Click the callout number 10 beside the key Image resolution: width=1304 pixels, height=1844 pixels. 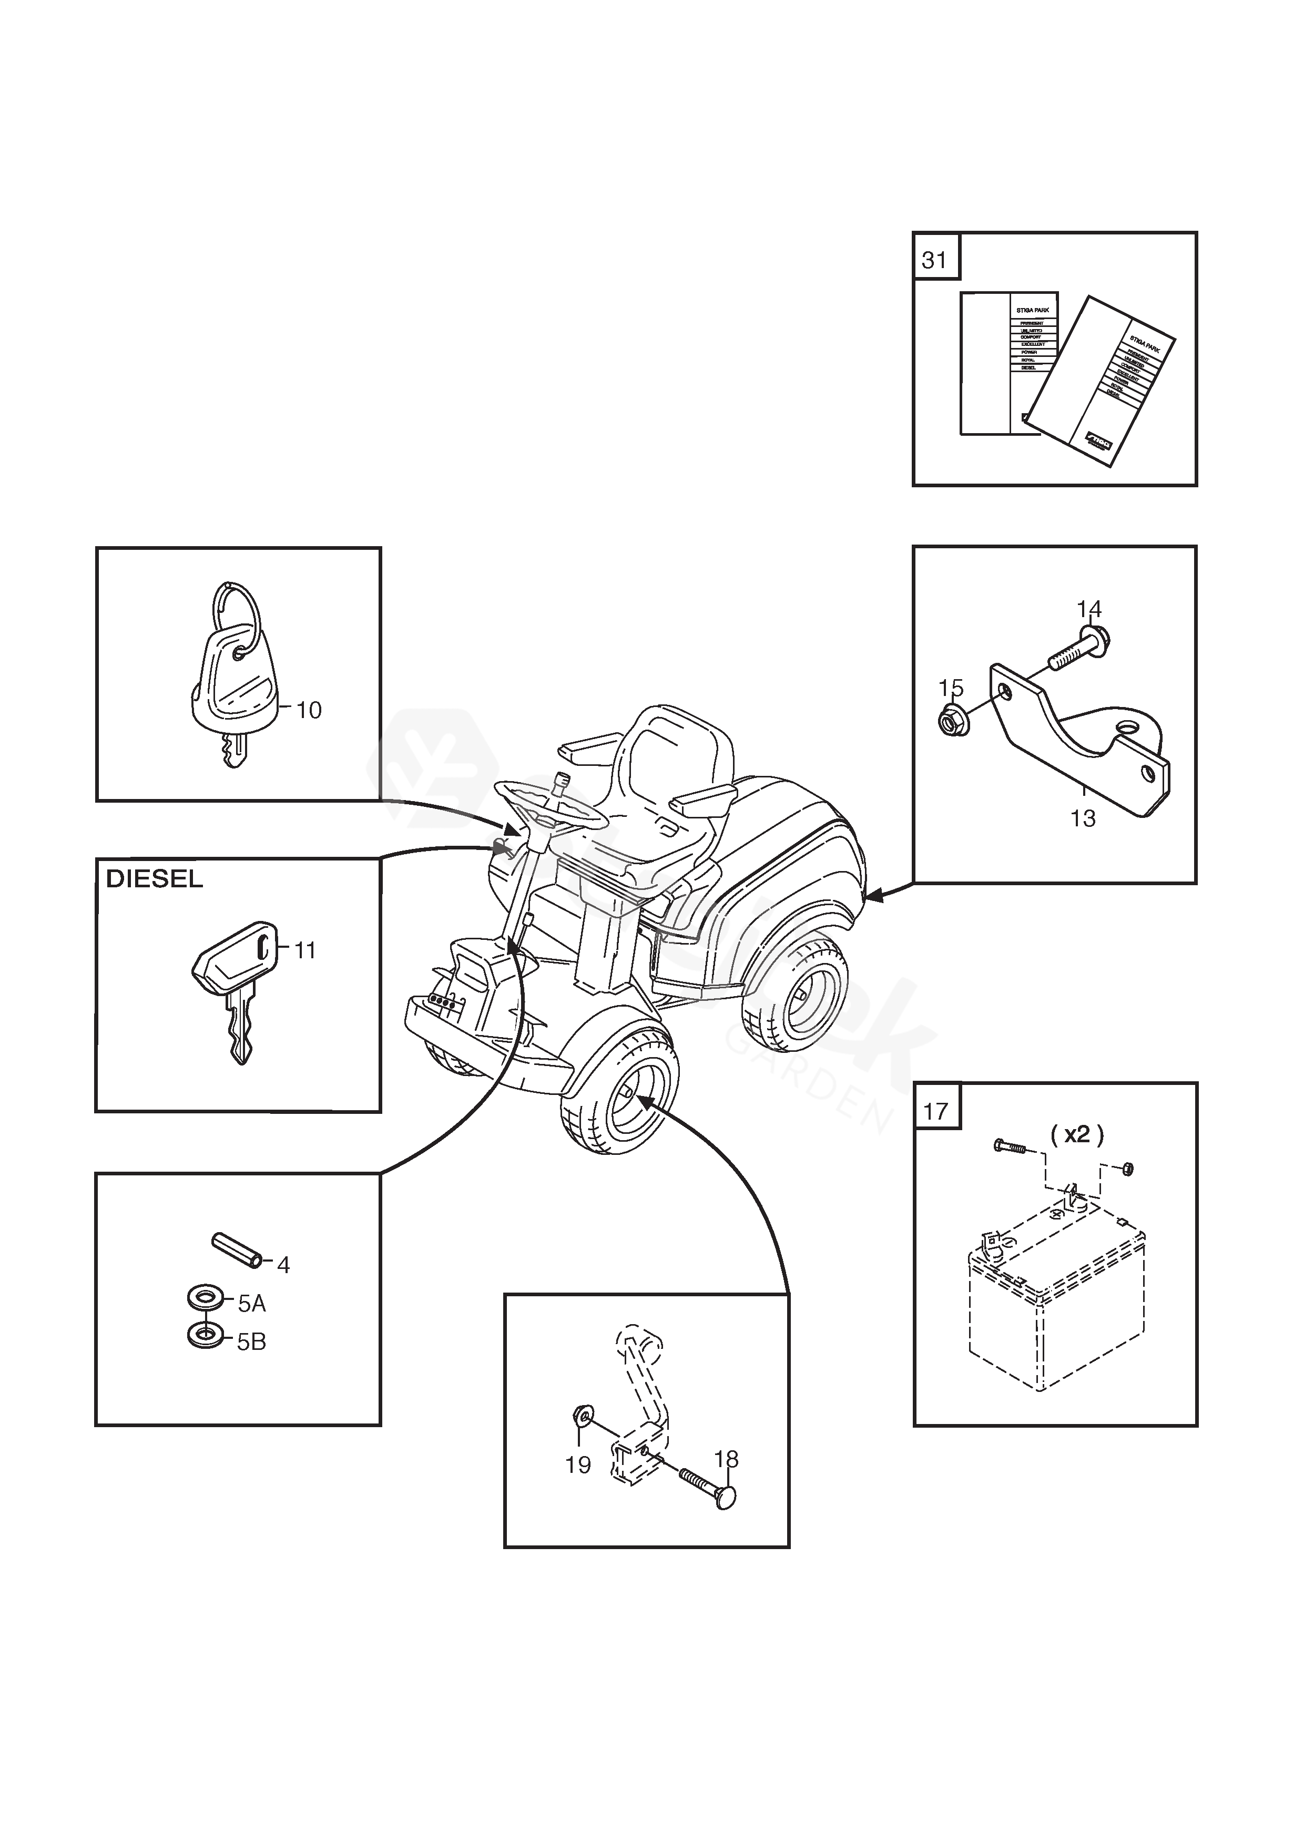pyautogui.click(x=309, y=711)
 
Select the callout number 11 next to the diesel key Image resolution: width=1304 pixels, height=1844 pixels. pyautogui.click(x=304, y=951)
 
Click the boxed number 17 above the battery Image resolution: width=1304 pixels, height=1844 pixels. pyautogui.click(x=936, y=1112)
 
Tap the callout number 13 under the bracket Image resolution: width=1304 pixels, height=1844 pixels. pyautogui.click(x=1083, y=818)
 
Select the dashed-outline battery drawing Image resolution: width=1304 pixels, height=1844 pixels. pyautogui.click(x=1053, y=1309)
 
